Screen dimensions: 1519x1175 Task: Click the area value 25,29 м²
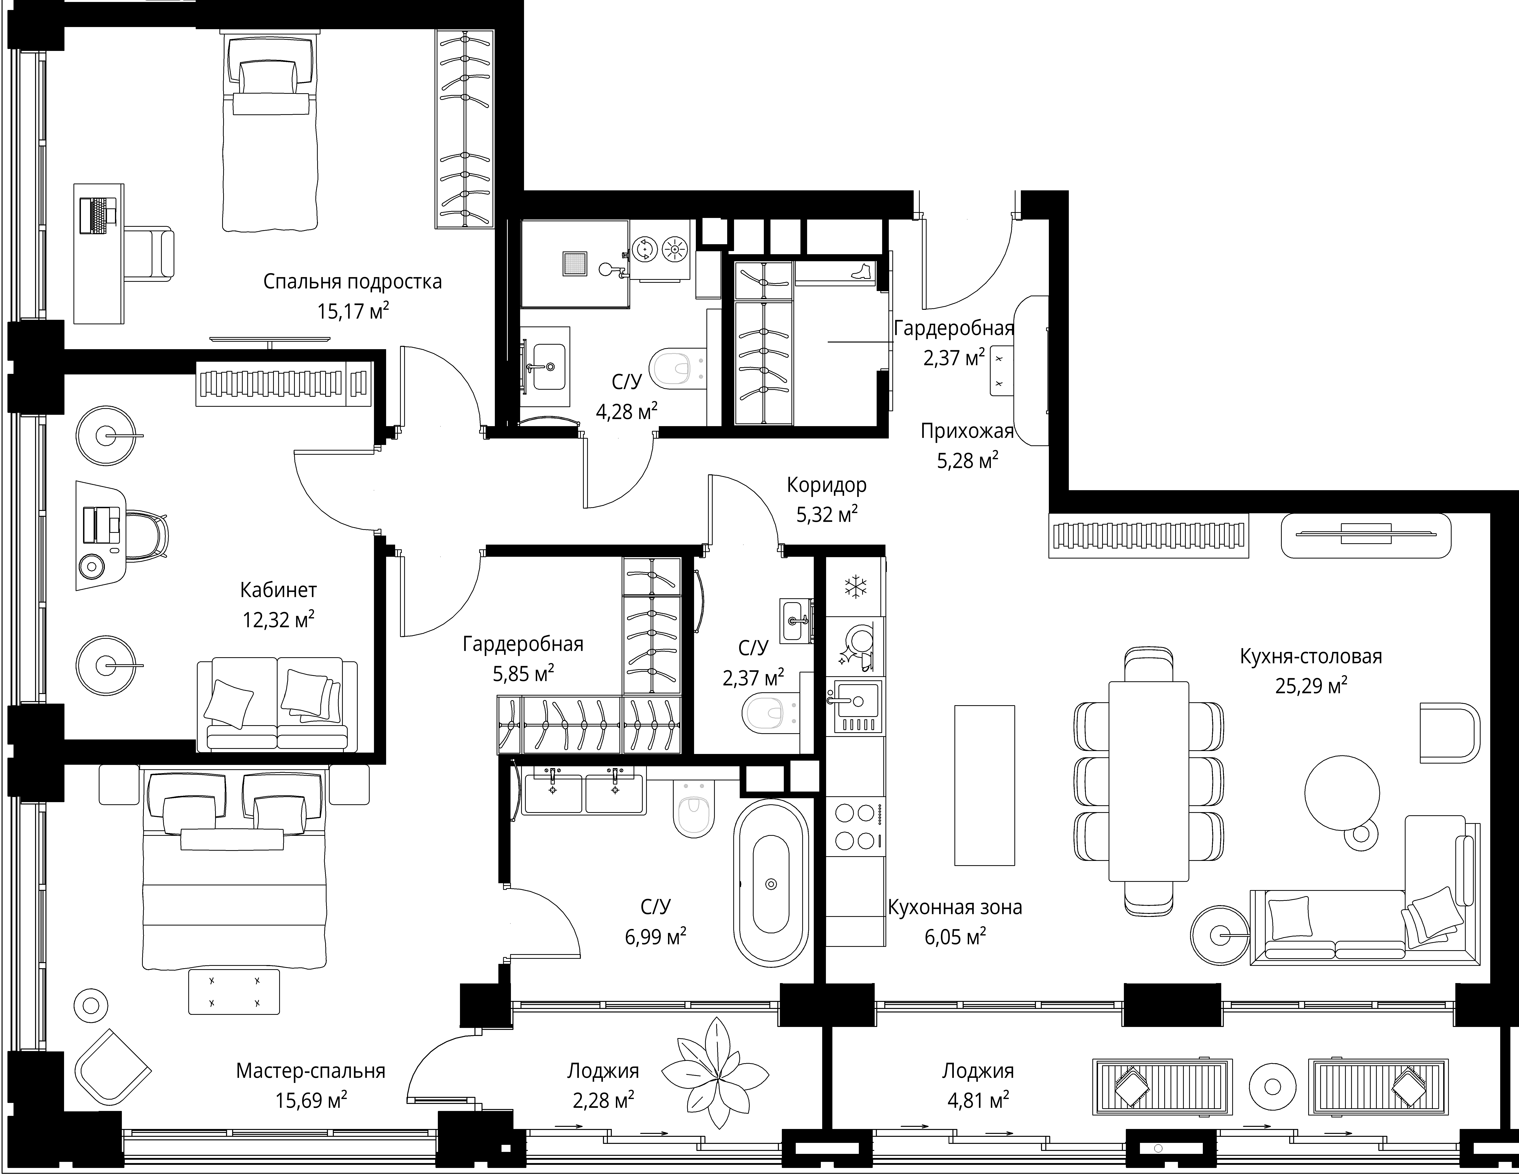[1311, 686]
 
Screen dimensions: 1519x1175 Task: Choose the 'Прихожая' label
[967, 432]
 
